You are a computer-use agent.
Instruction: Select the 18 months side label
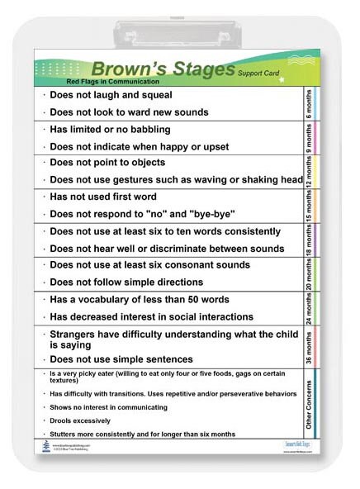[x=307, y=240]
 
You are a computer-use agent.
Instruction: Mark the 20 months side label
[x=307, y=273]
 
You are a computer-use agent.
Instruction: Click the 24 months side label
[x=307, y=307]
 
